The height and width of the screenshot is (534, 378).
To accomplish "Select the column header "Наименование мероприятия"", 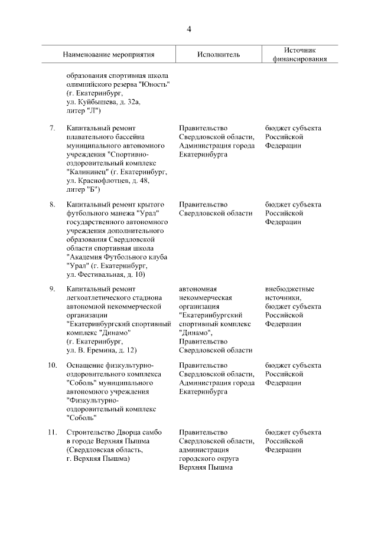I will [x=109, y=54].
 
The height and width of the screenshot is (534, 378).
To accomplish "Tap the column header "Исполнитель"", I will [x=219, y=54].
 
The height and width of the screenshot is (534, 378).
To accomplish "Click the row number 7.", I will [x=52, y=128].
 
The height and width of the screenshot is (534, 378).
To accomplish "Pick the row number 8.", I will [x=52, y=205].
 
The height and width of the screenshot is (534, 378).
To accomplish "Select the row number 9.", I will [x=52, y=289].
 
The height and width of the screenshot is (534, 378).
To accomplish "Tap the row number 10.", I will [x=51, y=366].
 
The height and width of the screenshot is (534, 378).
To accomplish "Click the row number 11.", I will [x=51, y=434].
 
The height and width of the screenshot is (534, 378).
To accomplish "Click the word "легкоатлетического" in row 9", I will [x=97, y=298].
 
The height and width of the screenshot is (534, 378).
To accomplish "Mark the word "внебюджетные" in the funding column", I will [x=290, y=289].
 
